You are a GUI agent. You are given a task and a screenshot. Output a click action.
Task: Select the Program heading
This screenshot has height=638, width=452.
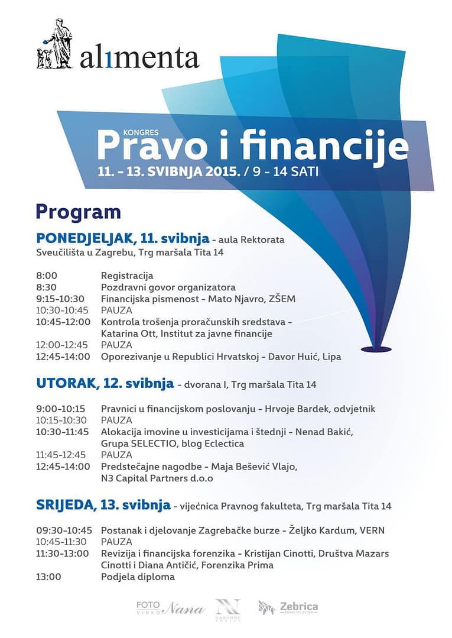coord(78,212)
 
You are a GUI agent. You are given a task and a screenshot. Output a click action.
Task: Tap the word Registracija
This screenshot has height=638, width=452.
coord(127,276)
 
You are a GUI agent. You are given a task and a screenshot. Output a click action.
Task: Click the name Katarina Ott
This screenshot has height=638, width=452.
coord(128,333)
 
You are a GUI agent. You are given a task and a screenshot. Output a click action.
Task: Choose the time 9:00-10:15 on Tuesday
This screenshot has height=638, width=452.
coord(61,409)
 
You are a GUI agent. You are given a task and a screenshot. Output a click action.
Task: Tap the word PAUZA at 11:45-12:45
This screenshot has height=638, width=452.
coord(116,455)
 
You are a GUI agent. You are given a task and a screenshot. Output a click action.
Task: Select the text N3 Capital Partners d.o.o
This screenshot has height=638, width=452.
coord(157,478)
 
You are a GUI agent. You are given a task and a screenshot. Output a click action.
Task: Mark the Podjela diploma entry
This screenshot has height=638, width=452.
coord(138,577)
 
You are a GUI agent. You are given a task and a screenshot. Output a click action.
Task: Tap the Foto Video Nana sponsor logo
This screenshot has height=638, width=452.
coord(170,607)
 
